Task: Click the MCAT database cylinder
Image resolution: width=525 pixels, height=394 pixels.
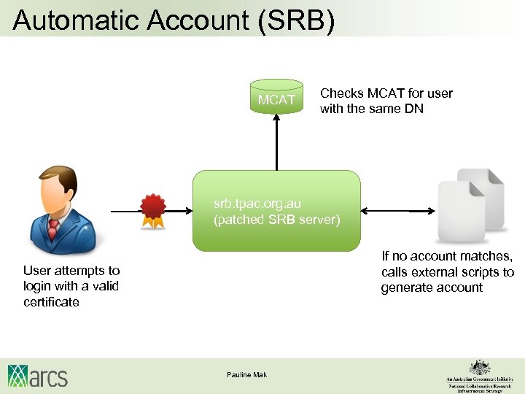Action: click(x=276, y=98)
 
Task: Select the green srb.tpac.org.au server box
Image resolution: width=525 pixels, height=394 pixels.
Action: click(x=276, y=211)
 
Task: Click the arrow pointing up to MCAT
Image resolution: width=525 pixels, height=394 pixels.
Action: click(x=276, y=142)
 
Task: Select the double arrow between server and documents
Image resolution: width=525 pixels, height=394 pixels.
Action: click(x=397, y=211)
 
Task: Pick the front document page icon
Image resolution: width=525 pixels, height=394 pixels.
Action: click(x=461, y=212)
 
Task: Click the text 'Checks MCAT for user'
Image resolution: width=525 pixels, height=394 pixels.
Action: click(x=386, y=93)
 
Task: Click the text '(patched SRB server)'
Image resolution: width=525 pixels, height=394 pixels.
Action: click(x=276, y=220)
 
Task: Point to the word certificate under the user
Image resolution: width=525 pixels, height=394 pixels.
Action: click(x=51, y=302)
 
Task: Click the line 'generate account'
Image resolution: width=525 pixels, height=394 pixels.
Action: click(x=432, y=287)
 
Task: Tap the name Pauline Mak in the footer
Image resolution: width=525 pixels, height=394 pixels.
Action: click(x=246, y=374)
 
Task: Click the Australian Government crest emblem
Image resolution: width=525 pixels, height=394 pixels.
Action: click(x=479, y=367)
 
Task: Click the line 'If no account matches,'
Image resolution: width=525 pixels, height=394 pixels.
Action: click(x=447, y=256)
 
